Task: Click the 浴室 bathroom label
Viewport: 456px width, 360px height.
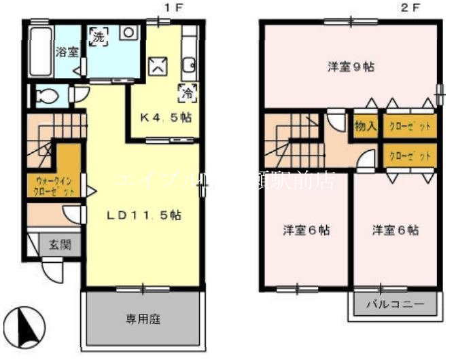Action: click(x=67, y=52)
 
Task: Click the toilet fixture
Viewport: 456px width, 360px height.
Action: click(x=47, y=96)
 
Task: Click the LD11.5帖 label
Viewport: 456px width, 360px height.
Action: click(x=142, y=215)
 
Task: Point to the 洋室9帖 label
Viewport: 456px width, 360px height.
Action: click(x=351, y=67)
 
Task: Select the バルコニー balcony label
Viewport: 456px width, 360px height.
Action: click(x=393, y=304)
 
